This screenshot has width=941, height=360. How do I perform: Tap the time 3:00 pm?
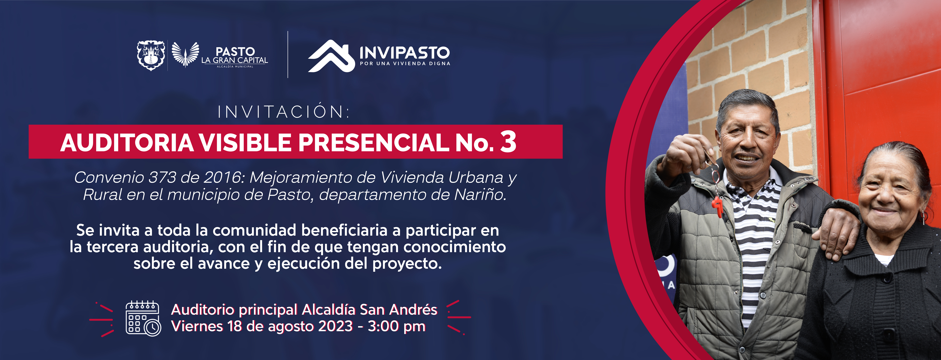[396, 326]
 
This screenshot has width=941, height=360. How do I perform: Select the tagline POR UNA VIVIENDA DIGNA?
[405, 64]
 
